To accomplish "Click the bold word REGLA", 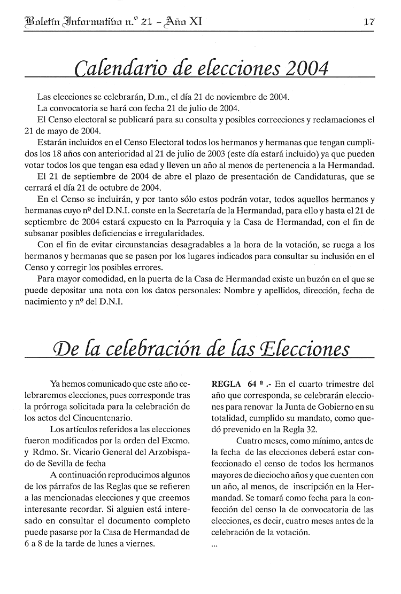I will tap(226, 384).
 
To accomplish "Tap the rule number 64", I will tap(253, 384).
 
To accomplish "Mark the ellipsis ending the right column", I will tap(215, 545).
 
